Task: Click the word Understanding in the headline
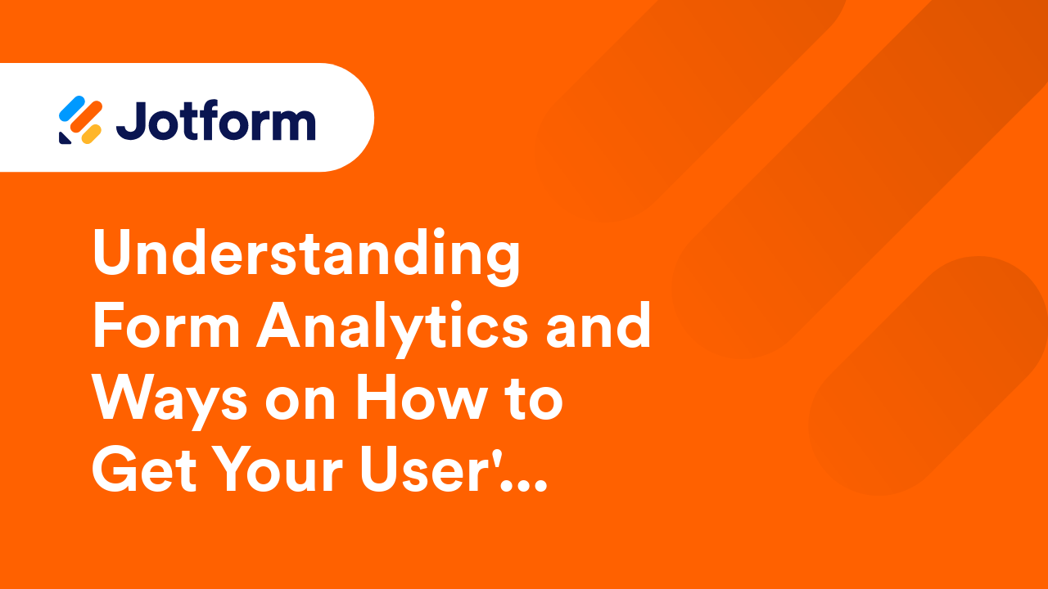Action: [306, 257]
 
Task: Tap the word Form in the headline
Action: [166, 326]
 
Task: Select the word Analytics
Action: [393, 329]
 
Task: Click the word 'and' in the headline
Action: [599, 325]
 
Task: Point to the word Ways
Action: [170, 402]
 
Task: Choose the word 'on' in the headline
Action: [300, 405]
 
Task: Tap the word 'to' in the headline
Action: [535, 400]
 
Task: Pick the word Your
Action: [278, 470]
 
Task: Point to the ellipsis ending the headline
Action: [523, 486]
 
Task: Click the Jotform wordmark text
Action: [215, 120]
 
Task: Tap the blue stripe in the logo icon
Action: [71, 109]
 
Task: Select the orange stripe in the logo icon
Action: [86, 117]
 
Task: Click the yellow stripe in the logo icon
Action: [92, 134]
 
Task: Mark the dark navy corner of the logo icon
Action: [64, 138]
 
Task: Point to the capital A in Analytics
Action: [278, 326]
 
